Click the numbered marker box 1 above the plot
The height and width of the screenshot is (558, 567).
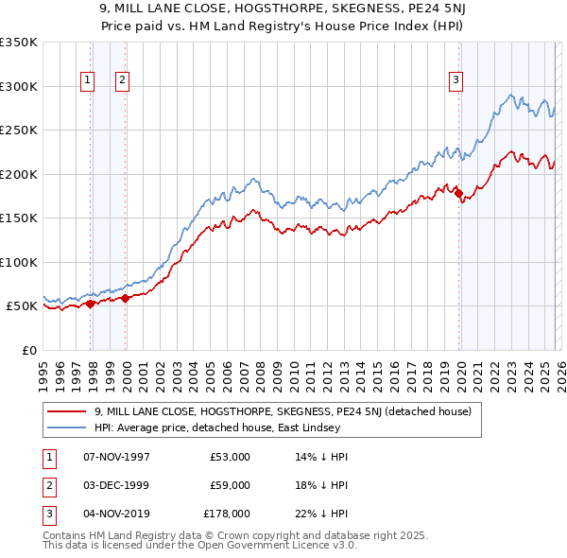tap(87, 81)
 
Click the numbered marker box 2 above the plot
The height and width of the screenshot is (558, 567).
tap(123, 81)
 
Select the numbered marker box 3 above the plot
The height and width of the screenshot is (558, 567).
tap(455, 81)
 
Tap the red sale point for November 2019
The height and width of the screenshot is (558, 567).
tap(459, 194)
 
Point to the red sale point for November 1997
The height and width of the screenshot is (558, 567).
tap(91, 304)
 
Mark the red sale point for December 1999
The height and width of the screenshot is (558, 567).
tap(126, 299)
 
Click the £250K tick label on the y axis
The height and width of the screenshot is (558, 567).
tap(19, 131)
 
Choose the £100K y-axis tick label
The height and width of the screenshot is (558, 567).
tap(19, 263)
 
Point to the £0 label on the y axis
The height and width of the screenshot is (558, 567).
tap(28, 351)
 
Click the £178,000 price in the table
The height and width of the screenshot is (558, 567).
tap(227, 513)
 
